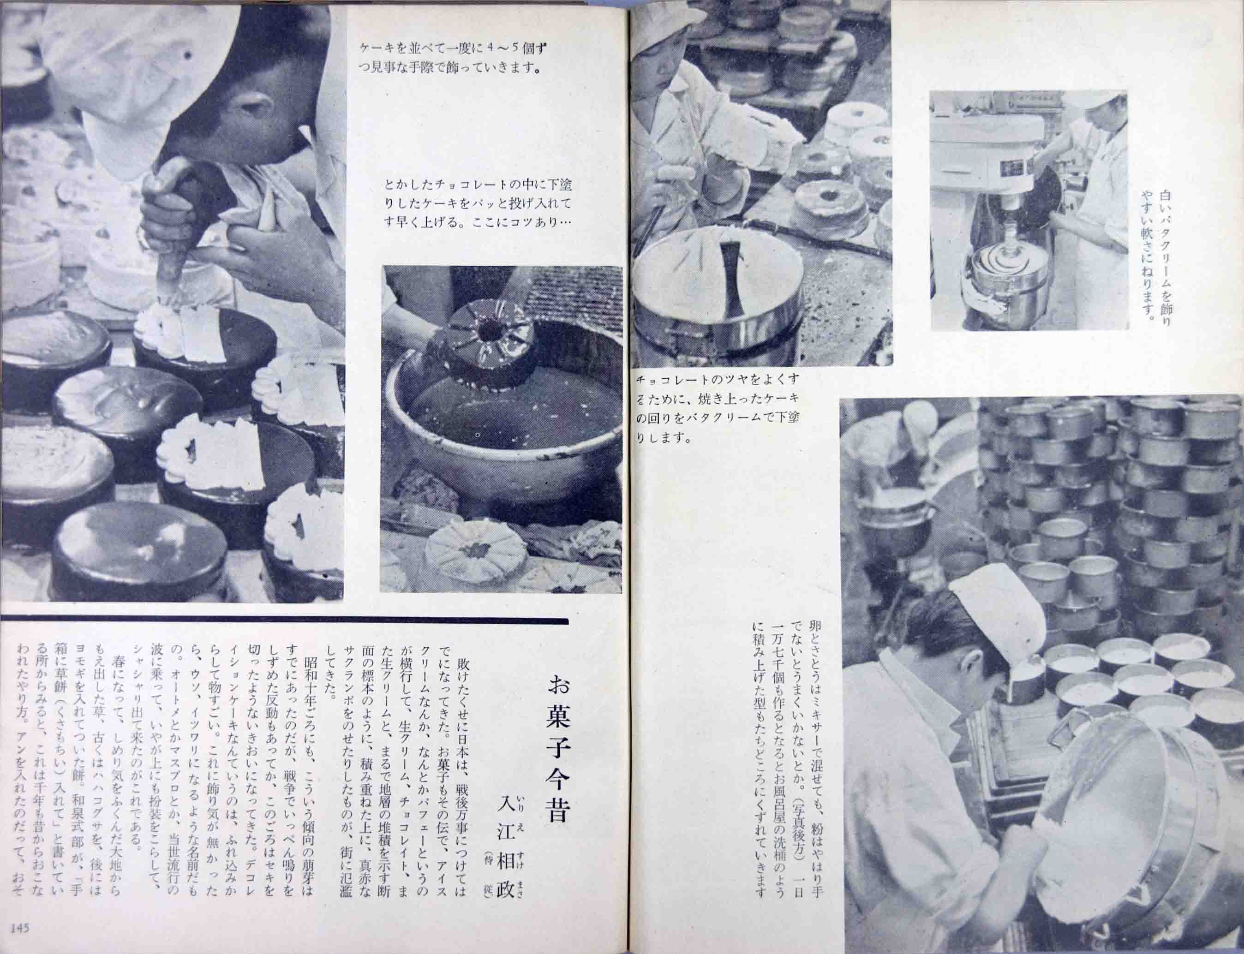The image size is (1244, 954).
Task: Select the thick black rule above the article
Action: (x=284, y=620)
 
